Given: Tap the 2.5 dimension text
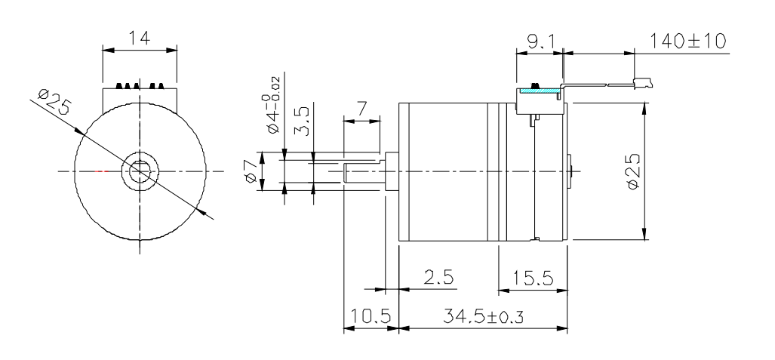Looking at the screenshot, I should pyautogui.click(x=438, y=278).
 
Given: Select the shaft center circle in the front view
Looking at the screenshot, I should pyautogui.click(x=140, y=171).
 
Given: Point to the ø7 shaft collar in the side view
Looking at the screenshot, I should pyautogui.click(x=391, y=171).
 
